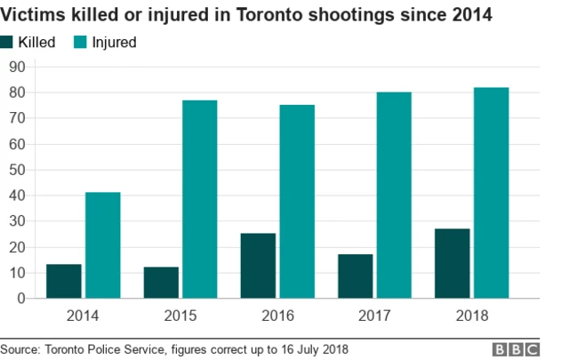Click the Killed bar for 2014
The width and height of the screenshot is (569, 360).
click(63, 281)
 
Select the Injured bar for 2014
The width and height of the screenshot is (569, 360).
click(102, 245)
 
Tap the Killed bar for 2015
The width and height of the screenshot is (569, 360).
click(161, 283)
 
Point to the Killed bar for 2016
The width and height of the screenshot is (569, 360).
click(258, 266)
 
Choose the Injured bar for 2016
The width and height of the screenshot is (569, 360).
click(297, 202)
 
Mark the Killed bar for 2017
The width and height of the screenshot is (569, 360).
click(356, 276)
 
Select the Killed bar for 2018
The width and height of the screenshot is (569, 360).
click(453, 263)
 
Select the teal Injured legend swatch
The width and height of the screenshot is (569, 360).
click(81, 43)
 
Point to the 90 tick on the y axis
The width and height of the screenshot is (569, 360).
click(17, 67)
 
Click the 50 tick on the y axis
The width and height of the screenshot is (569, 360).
click(17, 170)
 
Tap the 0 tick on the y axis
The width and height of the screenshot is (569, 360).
click(20, 299)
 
